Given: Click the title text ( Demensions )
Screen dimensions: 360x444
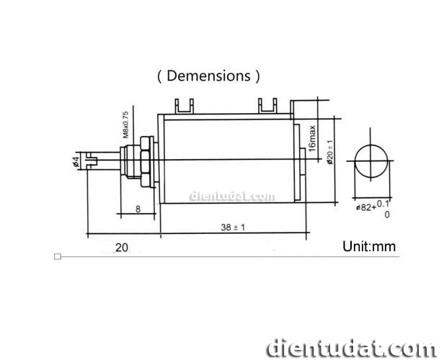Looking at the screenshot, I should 208,76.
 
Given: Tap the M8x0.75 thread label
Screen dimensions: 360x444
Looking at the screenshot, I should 125,124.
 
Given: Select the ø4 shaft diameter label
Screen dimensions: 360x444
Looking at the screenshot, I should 76,163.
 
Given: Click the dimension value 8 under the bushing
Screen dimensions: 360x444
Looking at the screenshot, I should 138,210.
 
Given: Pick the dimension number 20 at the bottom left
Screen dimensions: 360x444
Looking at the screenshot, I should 121,248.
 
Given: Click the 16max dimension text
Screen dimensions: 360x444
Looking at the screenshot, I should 312,138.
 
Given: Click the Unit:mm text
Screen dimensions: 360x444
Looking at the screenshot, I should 369,246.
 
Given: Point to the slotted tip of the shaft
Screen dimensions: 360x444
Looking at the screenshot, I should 91,160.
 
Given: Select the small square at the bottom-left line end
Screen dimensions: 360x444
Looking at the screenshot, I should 58,256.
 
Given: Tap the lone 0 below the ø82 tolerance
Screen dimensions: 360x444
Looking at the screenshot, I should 387,215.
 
